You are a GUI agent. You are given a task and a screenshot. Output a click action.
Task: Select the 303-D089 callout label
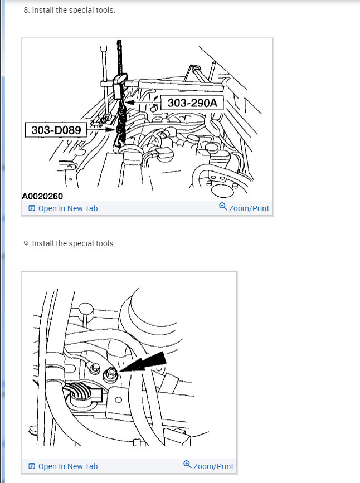56,130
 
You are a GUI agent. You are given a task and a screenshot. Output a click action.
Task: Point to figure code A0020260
42,196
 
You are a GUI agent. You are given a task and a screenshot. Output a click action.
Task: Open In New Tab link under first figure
67,208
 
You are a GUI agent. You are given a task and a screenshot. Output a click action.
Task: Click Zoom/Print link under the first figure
249,208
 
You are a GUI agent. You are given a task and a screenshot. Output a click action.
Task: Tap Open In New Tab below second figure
67,466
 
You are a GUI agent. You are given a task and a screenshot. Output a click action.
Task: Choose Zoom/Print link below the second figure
213,466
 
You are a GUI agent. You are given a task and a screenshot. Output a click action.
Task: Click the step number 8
26,11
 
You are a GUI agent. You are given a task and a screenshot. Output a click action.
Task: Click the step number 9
26,243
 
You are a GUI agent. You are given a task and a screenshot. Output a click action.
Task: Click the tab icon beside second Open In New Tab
32,466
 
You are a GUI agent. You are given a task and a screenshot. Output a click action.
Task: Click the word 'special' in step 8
77,11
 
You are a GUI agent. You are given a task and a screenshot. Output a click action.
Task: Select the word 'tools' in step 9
105,243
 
